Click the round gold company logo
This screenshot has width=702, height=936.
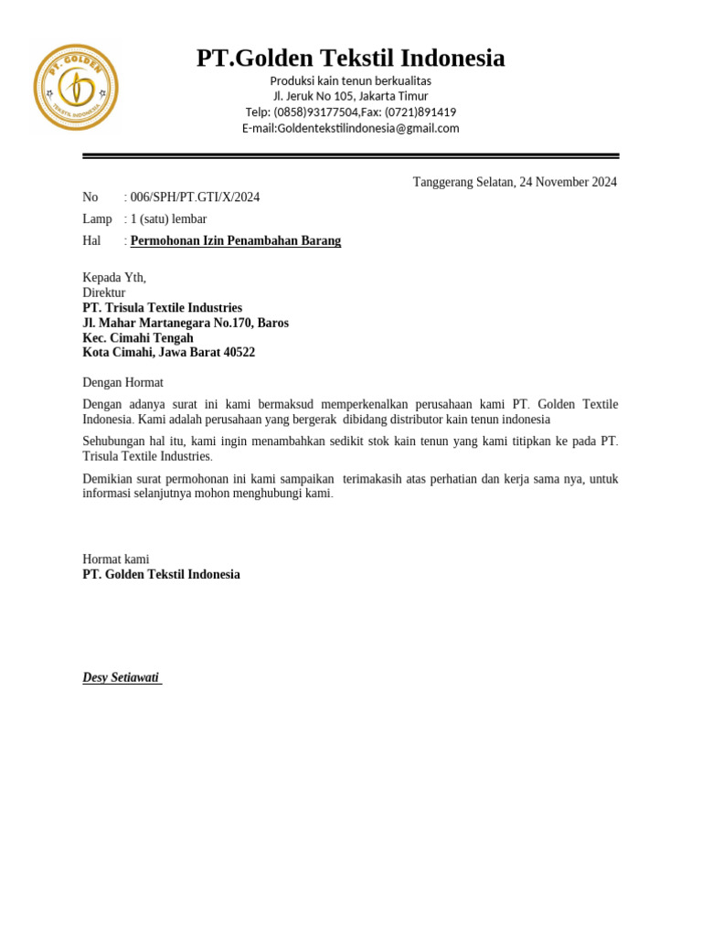(x=76, y=87)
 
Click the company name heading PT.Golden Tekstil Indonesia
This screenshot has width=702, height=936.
(x=350, y=58)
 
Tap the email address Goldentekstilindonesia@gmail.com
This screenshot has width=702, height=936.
(x=368, y=129)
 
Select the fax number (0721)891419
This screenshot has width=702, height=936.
(x=420, y=112)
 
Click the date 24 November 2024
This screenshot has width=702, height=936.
(x=569, y=182)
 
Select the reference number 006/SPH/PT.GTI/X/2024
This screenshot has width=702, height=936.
(x=195, y=197)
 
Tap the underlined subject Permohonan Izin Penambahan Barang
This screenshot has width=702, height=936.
(x=236, y=241)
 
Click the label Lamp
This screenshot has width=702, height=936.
(x=97, y=219)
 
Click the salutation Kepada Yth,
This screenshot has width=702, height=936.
(x=114, y=278)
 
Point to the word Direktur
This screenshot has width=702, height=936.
(x=104, y=293)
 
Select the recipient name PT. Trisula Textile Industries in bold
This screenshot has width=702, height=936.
(x=163, y=308)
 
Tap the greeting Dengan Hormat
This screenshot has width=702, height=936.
(x=122, y=383)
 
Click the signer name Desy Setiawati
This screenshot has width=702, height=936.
(x=121, y=678)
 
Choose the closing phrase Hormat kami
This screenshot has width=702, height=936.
(x=116, y=559)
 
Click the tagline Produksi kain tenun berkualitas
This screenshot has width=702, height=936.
(x=350, y=81)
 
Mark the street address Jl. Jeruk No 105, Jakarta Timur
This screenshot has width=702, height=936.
(x=350, y=97)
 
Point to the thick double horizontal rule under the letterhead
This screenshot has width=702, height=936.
(x=350, y=156)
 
